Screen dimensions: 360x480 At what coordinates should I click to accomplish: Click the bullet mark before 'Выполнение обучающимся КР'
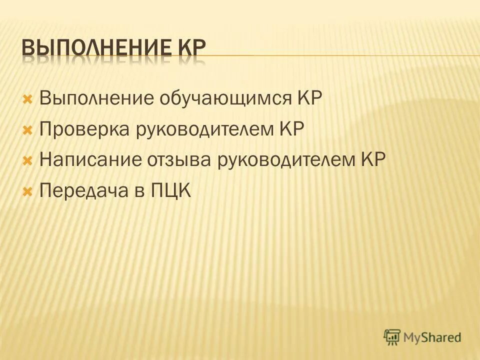coord(28,97)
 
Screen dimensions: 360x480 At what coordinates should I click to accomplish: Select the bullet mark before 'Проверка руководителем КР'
coord(28,129)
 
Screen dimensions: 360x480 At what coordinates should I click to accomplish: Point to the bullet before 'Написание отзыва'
coord(28,160)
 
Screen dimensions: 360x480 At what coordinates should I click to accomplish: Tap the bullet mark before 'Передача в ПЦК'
coord(28,191)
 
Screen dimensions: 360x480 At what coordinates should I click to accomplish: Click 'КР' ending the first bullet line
coord(309,97)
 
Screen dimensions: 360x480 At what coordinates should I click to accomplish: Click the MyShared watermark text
coord(432,337)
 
